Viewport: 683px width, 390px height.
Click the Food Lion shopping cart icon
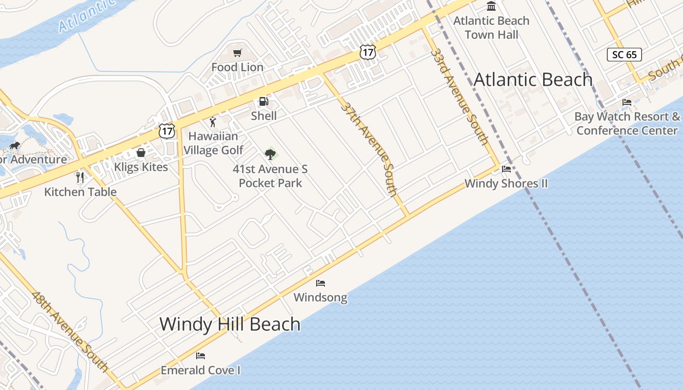[238, 53]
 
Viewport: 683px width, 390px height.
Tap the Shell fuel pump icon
[263, 101]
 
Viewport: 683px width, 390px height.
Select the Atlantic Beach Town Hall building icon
[491, 6]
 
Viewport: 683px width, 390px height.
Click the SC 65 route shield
[624, 55]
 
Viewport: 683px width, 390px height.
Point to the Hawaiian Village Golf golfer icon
[212, 122]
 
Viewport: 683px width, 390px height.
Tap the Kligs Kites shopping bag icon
[141, 153]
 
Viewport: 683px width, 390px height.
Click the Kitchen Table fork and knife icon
[80, 177]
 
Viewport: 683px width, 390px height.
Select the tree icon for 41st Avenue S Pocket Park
[270, 155]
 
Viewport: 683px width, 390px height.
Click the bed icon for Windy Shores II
[506, 169]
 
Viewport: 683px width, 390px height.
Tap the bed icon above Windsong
[321, 283]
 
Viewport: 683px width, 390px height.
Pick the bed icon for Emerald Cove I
[201, 355]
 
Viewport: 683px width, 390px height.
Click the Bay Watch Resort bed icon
[627, 102]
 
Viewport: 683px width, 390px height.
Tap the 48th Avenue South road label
[70, 331]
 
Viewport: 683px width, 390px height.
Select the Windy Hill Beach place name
[230, 324]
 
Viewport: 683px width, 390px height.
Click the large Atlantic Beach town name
[533, 79]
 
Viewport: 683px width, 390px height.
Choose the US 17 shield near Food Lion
[368, 52]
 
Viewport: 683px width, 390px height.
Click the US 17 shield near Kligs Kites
[167, 131]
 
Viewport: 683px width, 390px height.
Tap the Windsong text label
[321, 297]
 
